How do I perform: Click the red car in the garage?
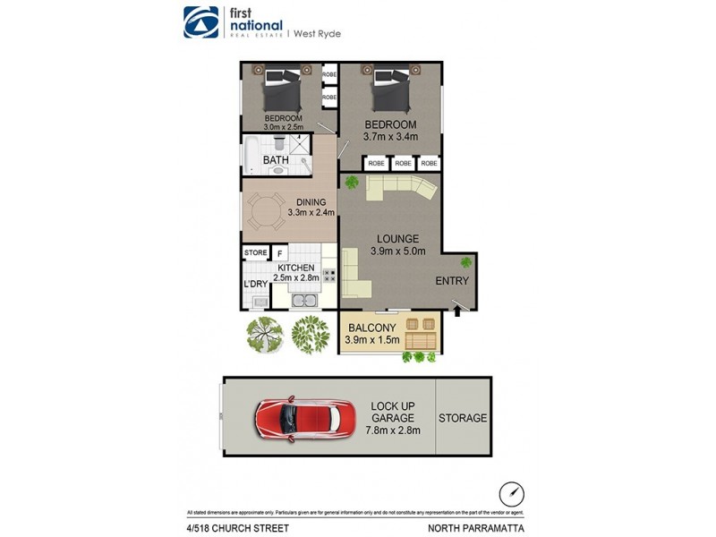(296, 418)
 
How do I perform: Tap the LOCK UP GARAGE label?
(395, 418)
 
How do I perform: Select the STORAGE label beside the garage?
(463, 418)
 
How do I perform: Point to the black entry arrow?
(459, 311)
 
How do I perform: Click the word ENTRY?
(452, 281)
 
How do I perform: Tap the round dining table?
(265, 213)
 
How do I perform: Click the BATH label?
(275, 161)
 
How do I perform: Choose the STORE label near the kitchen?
(255, 253)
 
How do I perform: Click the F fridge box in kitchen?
(278, 254)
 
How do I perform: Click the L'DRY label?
(256, 285)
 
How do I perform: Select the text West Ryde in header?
(319, 33)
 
